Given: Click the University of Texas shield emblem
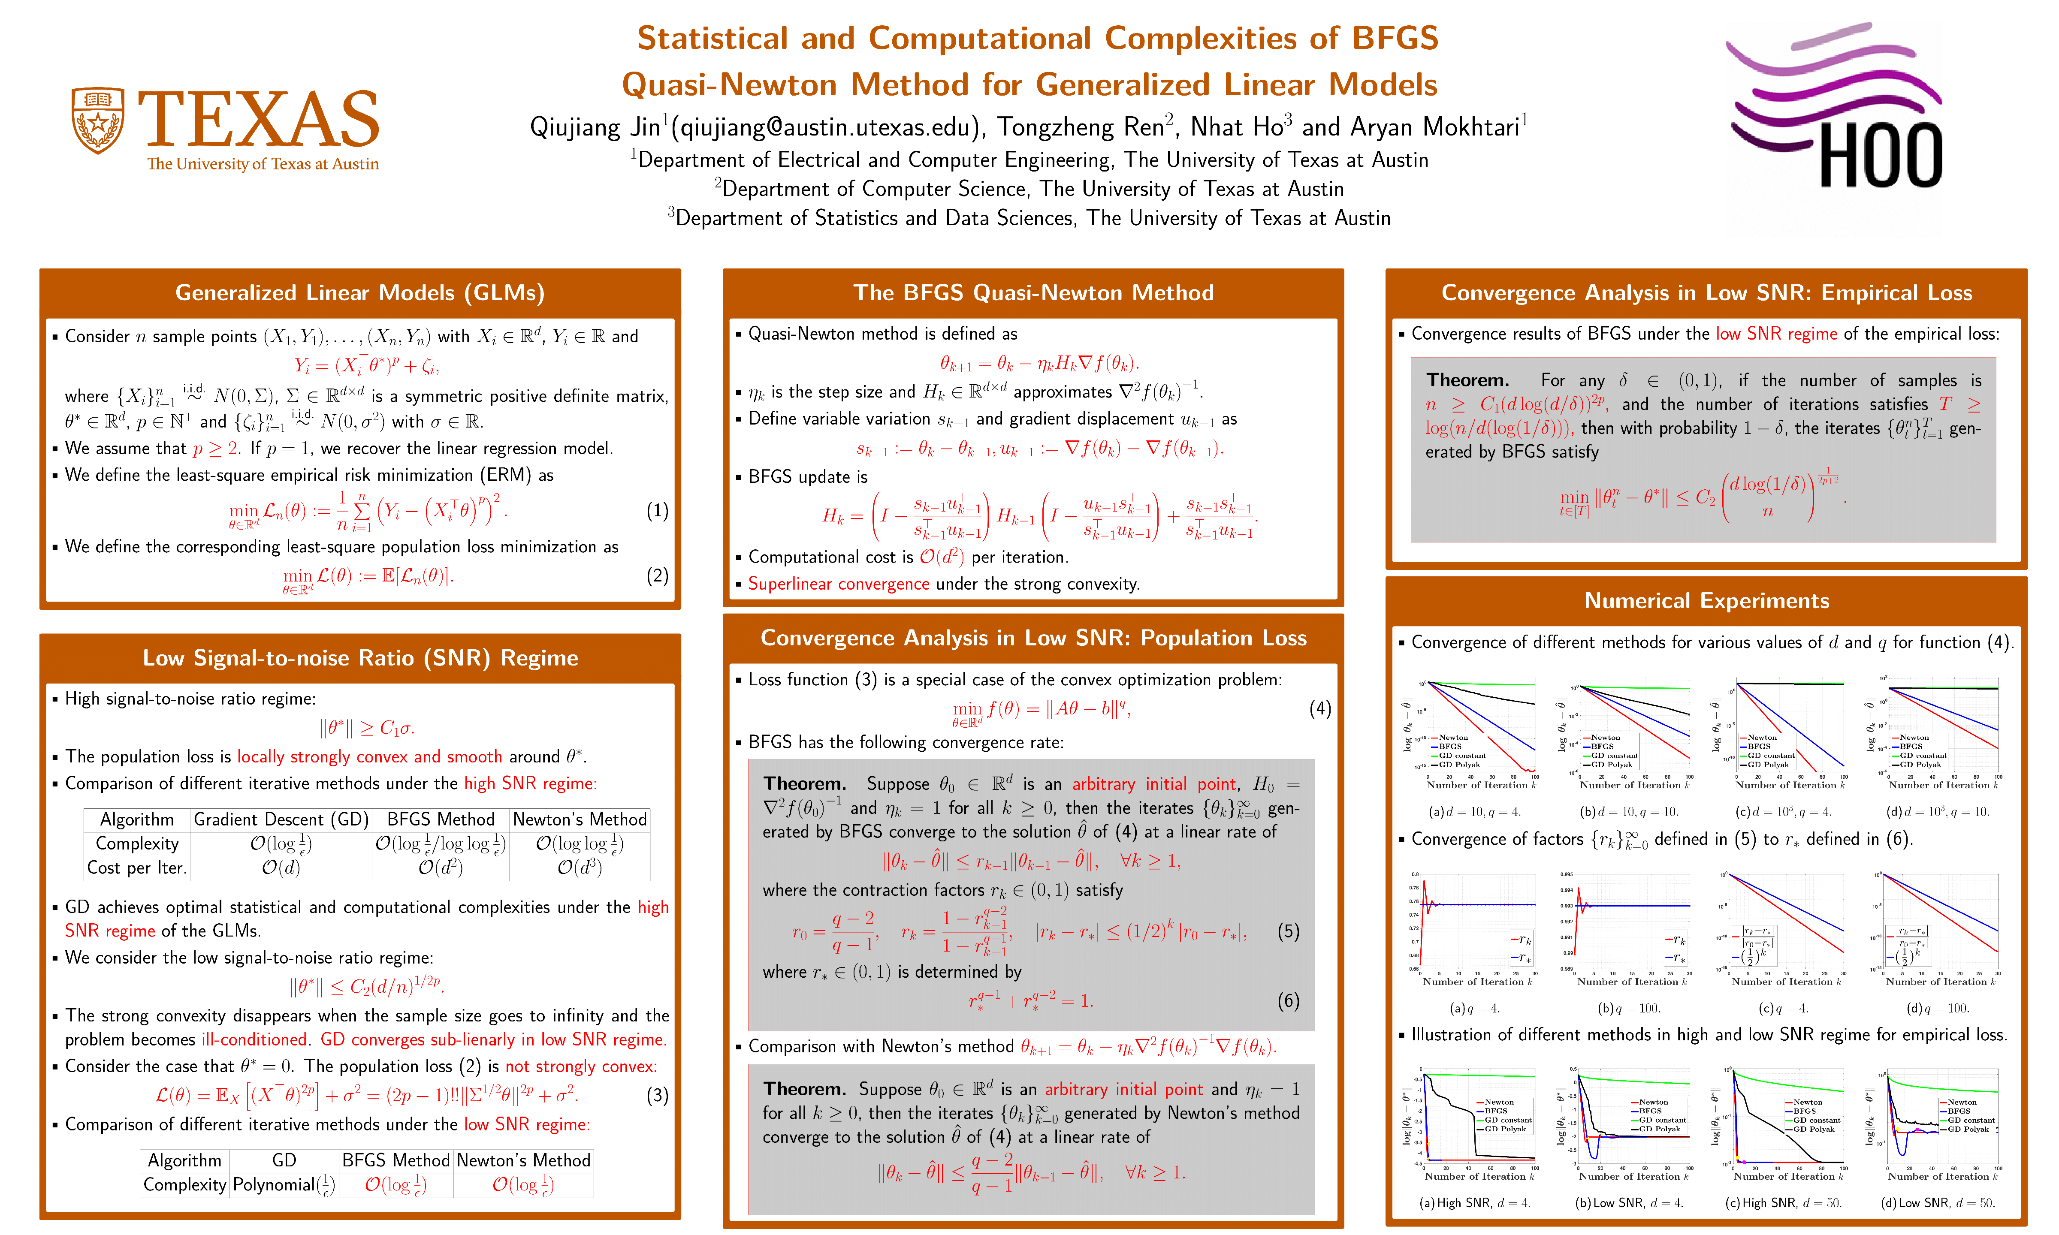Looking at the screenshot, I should coord(98,120).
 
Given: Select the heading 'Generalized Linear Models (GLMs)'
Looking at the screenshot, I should coord(359,293).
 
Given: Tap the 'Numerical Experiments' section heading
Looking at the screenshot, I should coord(1706,601).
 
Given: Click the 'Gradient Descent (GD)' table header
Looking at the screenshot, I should coord(281,820).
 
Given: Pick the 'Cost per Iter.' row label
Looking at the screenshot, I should coord(137,868).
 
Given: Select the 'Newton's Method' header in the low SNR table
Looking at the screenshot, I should coord(523,1160).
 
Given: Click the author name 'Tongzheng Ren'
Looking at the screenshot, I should coord(1080,127).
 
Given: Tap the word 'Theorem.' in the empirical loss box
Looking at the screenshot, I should coord(1467,380).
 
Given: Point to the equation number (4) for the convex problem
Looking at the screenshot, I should coord(1320,709).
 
